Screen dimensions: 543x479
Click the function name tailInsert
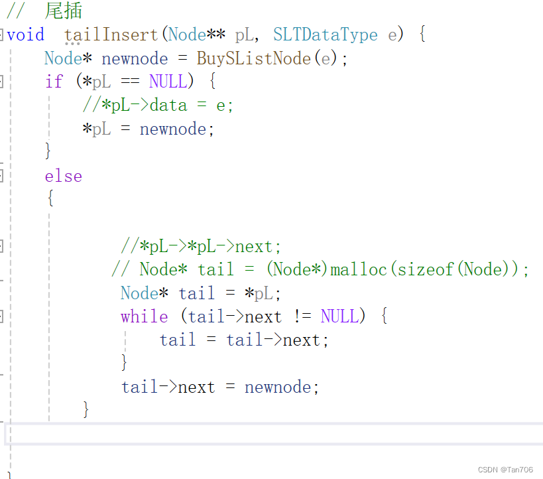click(111, 34)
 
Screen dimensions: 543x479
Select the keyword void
click(25, 34)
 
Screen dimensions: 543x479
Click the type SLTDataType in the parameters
click(325, 34)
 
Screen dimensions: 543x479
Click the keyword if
click(54, 82)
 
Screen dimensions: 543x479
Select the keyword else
click(64, 176)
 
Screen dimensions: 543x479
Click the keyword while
click(144, 316)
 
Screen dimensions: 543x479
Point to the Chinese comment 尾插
click(64, 11)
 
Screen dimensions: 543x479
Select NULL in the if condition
click(168, 82)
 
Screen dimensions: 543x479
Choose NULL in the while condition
click(339, 316)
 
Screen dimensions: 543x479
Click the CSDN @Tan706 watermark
click(505, 469)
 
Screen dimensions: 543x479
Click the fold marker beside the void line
click(2, 34)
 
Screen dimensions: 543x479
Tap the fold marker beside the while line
click(2, 316)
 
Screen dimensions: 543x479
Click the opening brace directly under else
click(50, 198)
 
